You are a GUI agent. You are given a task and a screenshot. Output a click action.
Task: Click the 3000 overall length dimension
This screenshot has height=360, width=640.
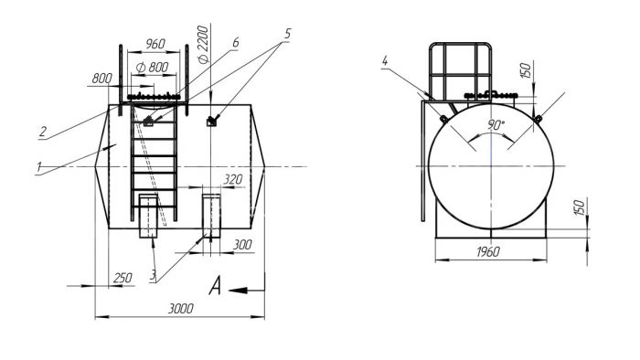(181, 309)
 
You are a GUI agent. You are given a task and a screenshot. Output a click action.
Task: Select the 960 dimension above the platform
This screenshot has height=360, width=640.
(155, 44)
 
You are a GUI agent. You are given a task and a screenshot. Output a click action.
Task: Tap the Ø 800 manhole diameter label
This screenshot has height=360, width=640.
(153, 67)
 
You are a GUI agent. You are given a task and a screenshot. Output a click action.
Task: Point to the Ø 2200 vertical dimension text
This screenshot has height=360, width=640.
(203, 45)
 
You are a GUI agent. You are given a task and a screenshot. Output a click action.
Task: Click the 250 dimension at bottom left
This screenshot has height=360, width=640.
(123, 278)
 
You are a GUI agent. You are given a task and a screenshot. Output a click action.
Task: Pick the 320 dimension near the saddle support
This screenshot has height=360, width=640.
(233, 179)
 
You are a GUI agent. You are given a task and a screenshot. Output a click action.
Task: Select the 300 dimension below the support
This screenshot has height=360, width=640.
(242, 245)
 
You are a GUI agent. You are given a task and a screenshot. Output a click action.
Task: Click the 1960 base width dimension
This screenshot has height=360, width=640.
(487, 252)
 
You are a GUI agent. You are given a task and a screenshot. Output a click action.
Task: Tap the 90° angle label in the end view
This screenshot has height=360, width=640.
(496, 125)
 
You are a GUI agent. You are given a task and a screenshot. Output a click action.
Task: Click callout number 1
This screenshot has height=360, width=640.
(38, 166)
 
